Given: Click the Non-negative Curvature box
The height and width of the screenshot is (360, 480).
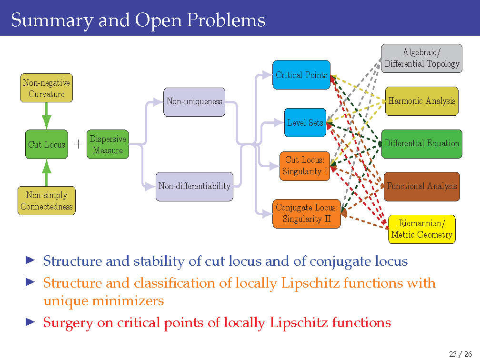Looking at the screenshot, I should pos(46,88).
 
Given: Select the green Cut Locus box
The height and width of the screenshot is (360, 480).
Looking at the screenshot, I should pos(46,144).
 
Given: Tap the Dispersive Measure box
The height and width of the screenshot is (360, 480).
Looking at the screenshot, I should pos(108,144).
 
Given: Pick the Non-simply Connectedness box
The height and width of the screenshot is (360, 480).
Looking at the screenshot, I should pos(47,200).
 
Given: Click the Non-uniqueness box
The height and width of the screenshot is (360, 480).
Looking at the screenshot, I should pos(194,102).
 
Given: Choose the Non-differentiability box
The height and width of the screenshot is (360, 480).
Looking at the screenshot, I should pos(194,186).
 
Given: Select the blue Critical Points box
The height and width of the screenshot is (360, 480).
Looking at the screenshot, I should pos(301,75).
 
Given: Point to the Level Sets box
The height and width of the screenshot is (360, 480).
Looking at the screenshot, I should pos(305,122).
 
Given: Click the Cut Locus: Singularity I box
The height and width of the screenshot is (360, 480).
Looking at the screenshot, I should pos(305,166).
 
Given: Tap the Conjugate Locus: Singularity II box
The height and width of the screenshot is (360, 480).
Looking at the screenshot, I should pos(307,213).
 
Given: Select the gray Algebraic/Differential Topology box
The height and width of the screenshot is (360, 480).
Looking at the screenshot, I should pos(421,58).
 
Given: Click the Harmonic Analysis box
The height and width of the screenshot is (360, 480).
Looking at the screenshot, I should pos(421,101).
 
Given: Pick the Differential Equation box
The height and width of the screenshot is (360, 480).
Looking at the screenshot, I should pos(421,143).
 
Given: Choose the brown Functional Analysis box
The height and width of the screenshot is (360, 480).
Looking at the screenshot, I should pos(421,186).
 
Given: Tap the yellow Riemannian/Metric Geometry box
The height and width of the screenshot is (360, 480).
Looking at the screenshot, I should pos(421,229).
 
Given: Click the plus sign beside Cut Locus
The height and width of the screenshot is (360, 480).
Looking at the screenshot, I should pos(78,144).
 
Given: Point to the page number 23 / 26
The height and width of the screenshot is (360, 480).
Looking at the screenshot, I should pos(460,353).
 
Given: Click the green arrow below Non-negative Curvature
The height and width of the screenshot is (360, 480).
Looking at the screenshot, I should pos(46,117).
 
